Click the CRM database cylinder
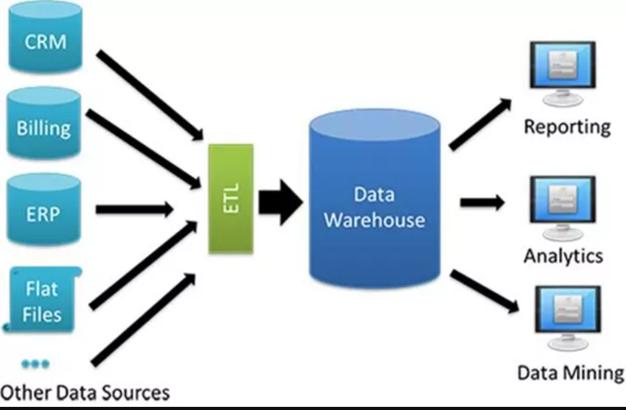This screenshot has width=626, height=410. pyautogui.click(x=45, y=40)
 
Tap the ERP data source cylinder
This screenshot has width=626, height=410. pyautogui.click(x=44, y=212)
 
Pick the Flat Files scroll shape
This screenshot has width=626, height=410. pyautogui.click(x=42, y=300)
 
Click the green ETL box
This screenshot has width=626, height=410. pyautogui.click(x=231, y=198)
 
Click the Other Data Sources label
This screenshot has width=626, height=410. pyautogui.click(x=85, y=393)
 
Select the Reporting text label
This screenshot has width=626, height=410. pyautogui.click(x=567, y=127)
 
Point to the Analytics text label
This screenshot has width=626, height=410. pyautogui.click(x=563, y=256)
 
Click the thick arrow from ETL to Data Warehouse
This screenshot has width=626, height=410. pyautogui.click(x=280, y=202)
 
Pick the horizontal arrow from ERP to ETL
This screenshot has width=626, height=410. pyautogui.click(x=134, y=210)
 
